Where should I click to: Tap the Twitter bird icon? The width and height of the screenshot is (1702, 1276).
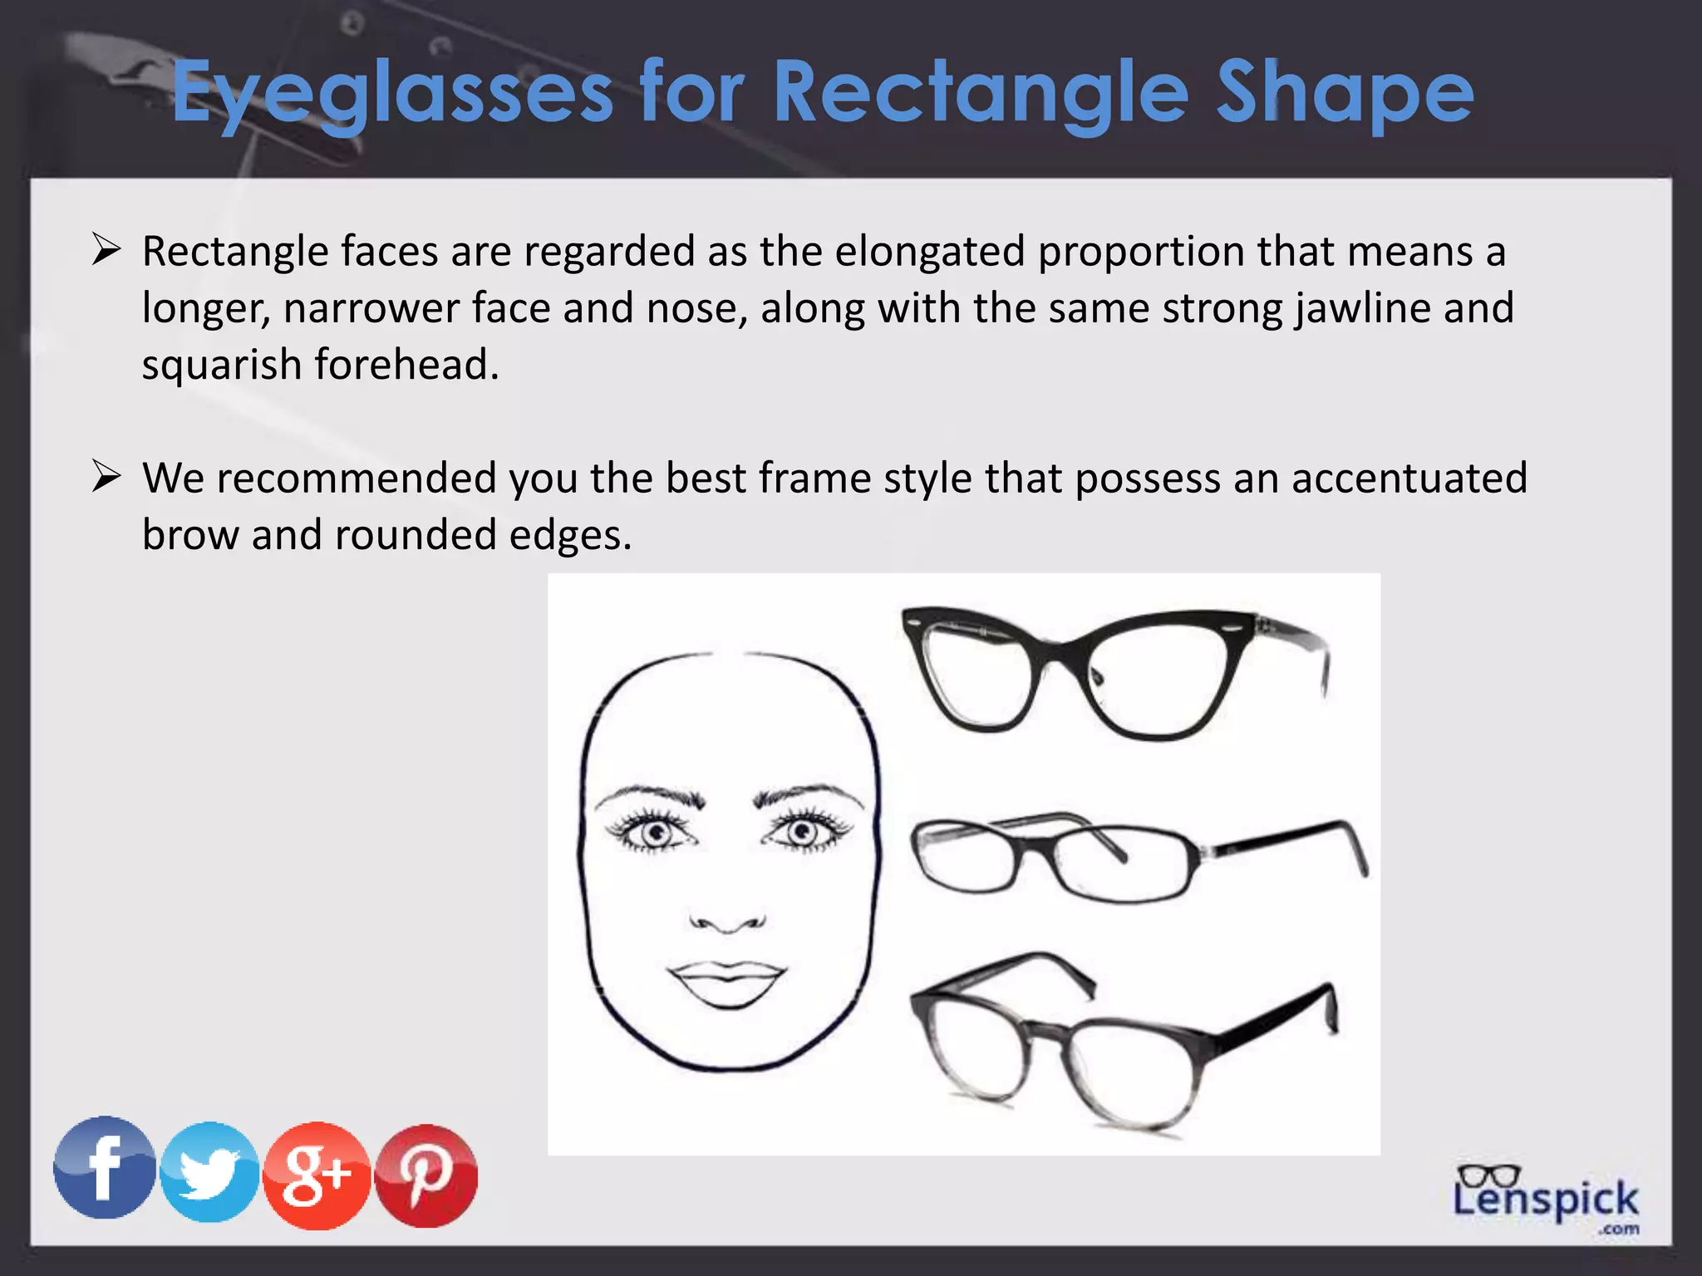pyautogui.click(x=209, y=1172)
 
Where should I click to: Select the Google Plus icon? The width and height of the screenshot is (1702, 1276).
pyautogui.click(x=316, y=1175)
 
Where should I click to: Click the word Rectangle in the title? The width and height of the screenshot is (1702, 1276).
pyautogui.click(x=981, y=93)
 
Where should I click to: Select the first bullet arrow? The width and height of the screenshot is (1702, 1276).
pyautogui.click(x=106, y=249)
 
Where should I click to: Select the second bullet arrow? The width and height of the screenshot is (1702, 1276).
pyautogui.click(x=106, y=477)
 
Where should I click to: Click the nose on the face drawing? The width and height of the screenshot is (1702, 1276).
pyautogui.click(x=727, y=918)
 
